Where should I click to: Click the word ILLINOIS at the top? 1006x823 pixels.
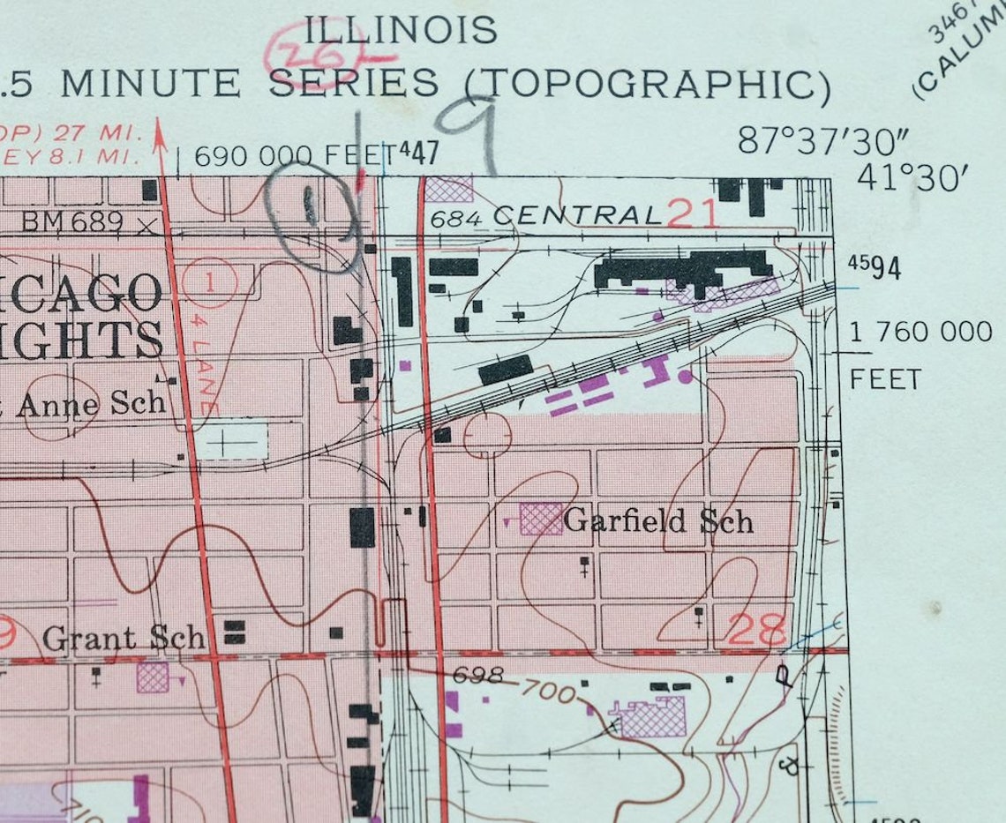401,30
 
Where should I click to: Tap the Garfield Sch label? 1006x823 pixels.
658,520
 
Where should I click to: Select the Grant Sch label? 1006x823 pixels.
124,638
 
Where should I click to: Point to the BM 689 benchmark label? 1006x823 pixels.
72,221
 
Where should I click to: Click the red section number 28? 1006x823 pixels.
757,630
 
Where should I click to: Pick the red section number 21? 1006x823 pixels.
693,213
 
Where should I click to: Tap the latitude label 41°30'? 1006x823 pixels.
913,178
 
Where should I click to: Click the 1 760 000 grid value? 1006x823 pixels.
920,332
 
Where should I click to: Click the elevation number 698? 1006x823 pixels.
477,675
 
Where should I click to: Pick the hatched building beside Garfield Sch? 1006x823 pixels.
541,519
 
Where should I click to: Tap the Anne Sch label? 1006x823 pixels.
91,403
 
